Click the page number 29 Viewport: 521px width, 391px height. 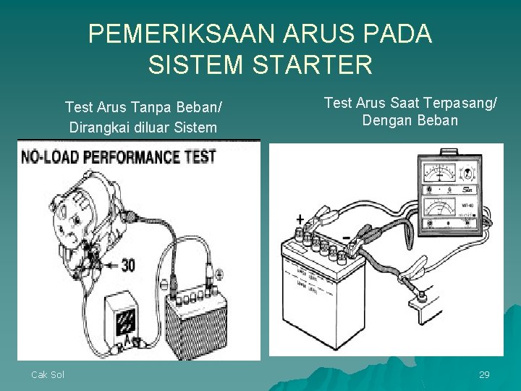484,374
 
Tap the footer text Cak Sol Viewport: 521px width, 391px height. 47,374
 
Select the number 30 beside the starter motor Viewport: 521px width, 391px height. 127,266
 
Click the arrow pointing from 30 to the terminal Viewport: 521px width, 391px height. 109,266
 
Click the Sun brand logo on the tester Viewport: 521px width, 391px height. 467,190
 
